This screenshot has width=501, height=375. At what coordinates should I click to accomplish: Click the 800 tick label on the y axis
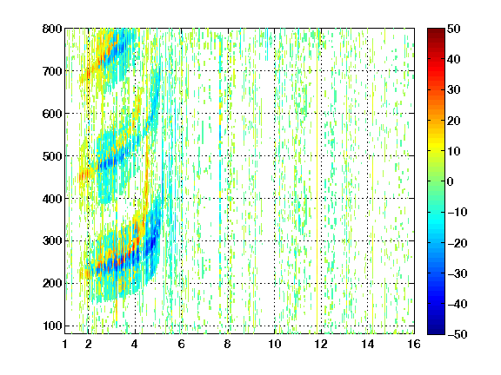point(52,29)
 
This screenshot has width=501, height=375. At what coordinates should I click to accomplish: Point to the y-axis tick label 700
point(52,71)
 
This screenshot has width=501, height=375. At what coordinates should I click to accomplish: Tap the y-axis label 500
point(52,156)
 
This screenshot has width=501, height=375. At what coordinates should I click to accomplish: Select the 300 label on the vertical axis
point(52,240)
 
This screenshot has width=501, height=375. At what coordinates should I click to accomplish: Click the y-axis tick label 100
point(52,326)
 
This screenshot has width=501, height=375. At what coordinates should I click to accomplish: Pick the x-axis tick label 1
point(65,344)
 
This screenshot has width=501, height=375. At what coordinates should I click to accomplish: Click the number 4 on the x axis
point(135,344)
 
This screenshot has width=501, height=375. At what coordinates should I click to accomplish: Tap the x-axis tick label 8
point(228,344)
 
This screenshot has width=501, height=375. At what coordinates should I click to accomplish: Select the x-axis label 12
point(321,344)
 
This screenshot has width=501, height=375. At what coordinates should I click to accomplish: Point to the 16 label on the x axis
point(414,344)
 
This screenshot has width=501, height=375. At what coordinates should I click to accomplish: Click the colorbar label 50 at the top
point(454,29)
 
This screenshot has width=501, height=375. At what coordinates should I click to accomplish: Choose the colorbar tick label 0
point(451,181)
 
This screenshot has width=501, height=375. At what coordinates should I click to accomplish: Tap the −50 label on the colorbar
point(458,334)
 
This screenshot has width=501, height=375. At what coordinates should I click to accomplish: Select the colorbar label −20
point(458,243)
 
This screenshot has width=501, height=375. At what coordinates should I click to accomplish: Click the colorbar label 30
point(454,89)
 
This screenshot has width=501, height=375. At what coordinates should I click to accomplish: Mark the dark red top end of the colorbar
point(436,30)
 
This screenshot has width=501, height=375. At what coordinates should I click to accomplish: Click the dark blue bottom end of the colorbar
point(436,332)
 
